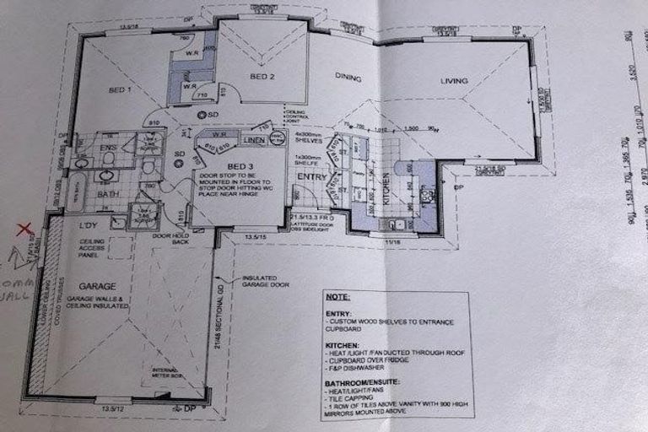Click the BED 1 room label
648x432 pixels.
pos(119,89)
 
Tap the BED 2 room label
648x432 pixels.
pos(262,77)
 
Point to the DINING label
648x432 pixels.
pos(348,77)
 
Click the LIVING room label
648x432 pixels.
pos(453,81)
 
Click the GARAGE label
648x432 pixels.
pos(98,286)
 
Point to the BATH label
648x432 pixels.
pos(107,193)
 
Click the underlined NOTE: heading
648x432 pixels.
pos(339,298)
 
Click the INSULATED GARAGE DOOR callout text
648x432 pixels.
pos(266,281)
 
